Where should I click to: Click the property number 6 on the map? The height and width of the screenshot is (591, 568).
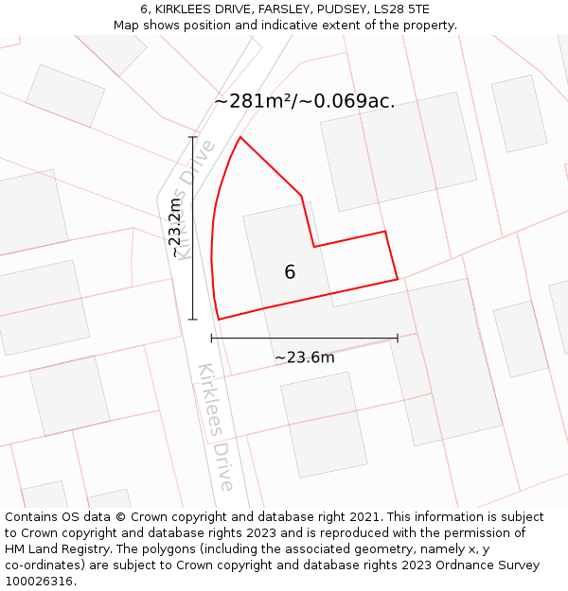point(290,272)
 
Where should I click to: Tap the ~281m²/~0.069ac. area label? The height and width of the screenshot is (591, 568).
point(305,101)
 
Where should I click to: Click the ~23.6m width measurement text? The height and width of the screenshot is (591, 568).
point(304,357)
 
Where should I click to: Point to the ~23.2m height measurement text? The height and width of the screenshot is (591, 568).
point(174,228)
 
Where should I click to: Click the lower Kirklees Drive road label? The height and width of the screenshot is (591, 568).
point(216,426)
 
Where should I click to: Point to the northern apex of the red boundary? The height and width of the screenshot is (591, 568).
point(240,137)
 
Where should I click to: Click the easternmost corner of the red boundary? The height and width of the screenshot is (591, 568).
point(398,279)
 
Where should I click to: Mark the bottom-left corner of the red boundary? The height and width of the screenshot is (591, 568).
point(219,320)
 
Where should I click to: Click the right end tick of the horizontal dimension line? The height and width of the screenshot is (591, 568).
point(398,338)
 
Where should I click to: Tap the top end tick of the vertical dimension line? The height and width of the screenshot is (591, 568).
point(192,138)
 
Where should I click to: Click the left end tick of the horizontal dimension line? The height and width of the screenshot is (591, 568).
point(212,338)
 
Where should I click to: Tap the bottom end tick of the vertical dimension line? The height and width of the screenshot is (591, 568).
point(192,320)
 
